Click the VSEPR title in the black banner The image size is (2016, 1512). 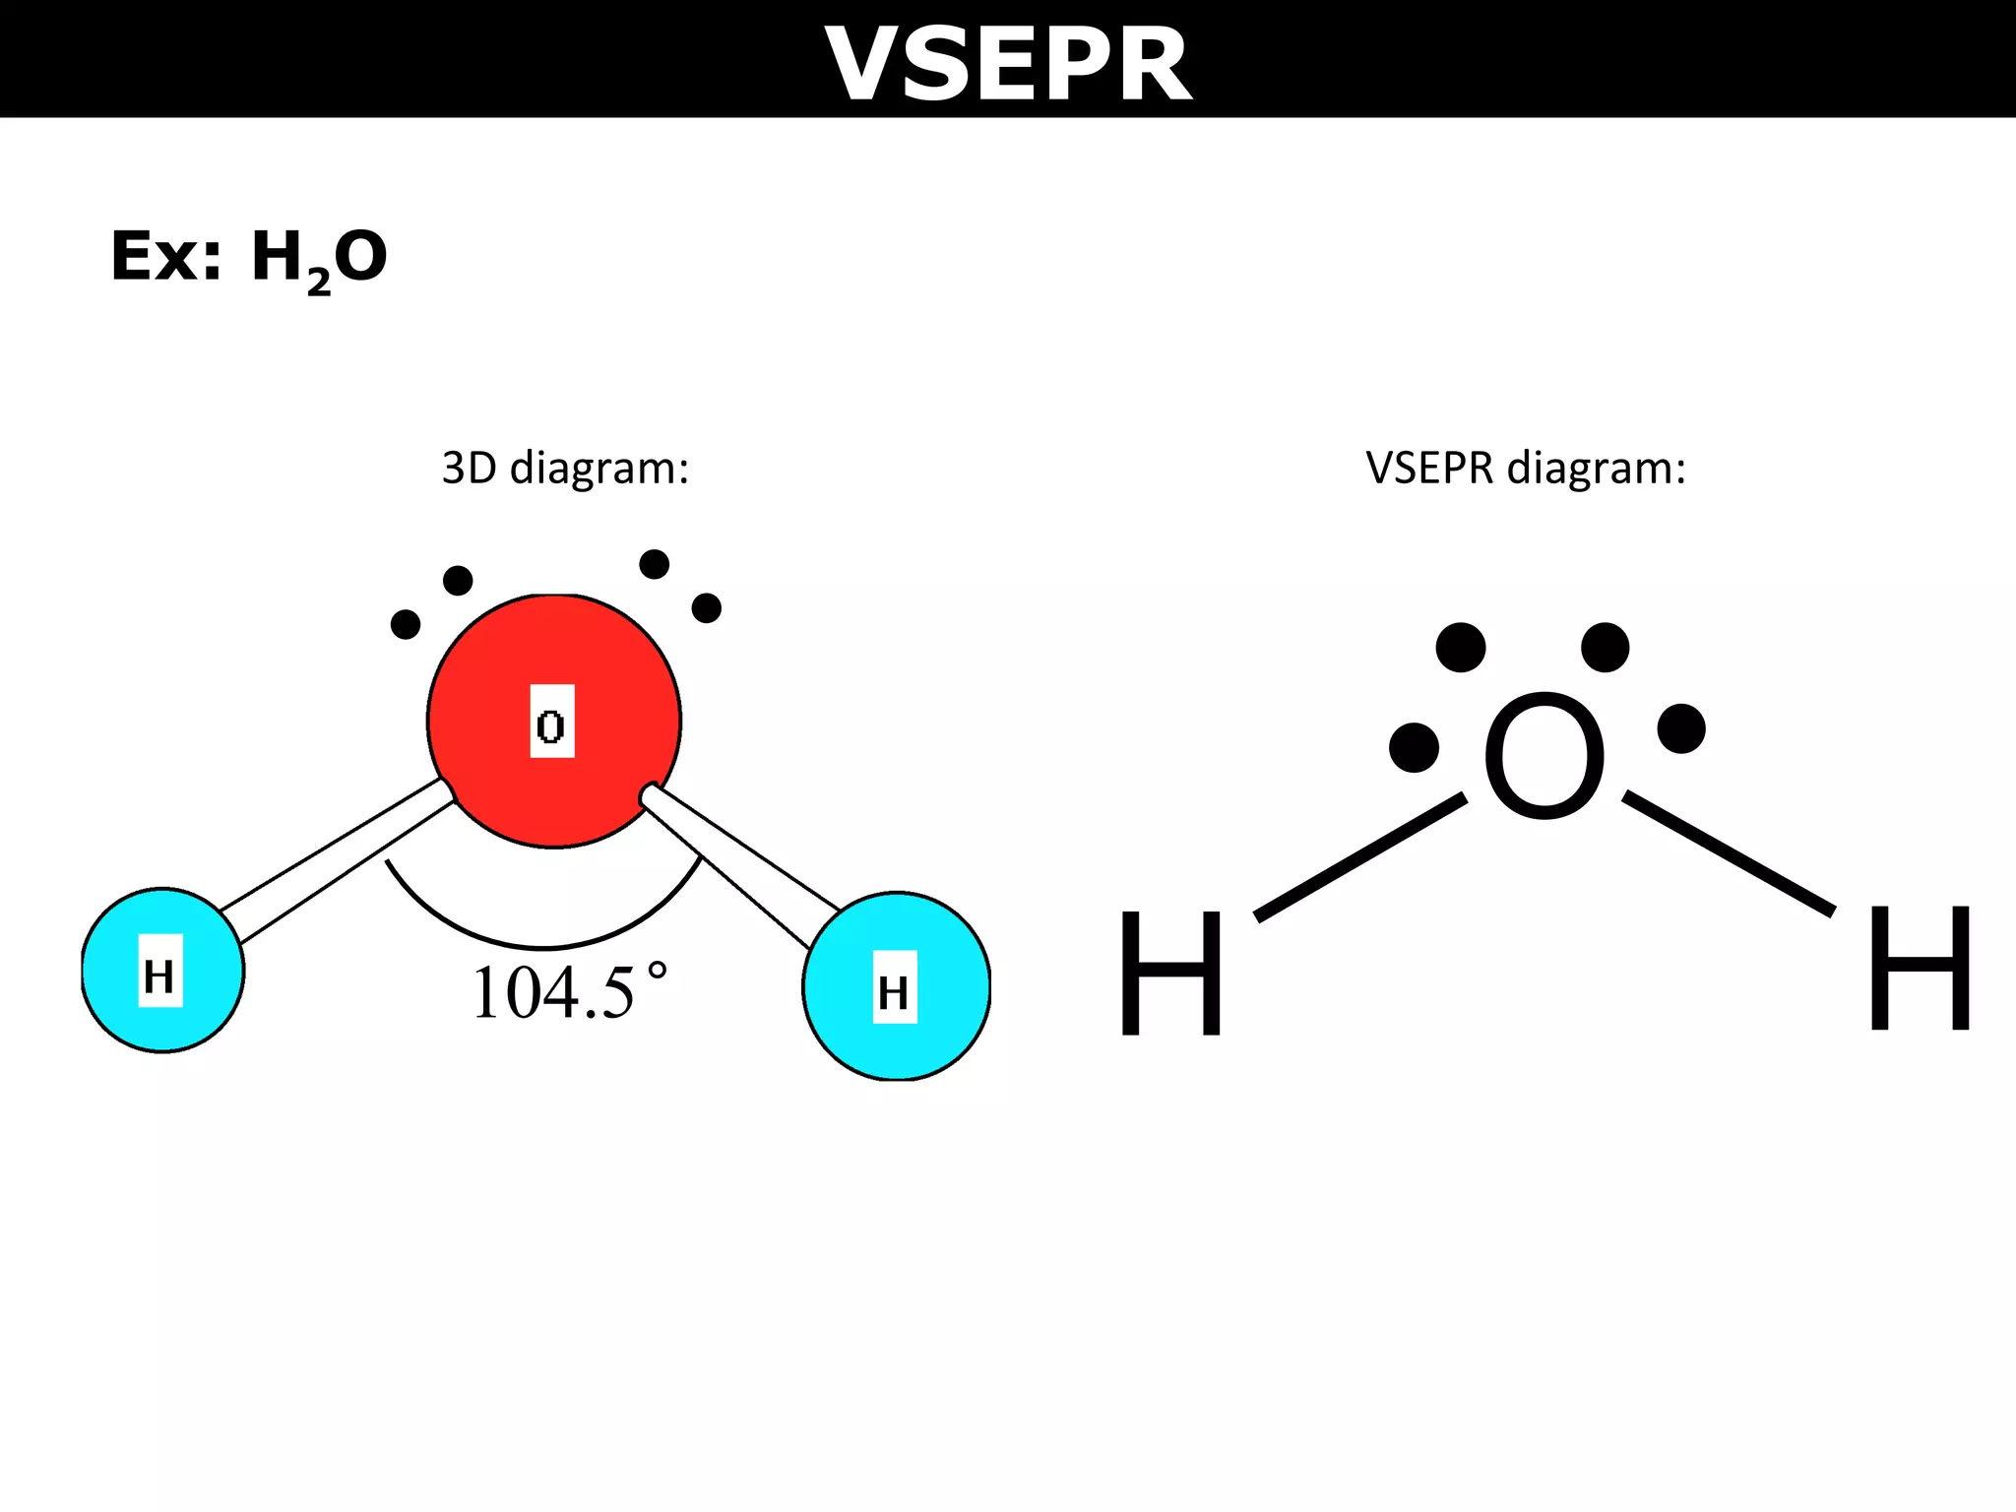[1008, 63]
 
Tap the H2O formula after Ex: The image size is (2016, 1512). [319, 258]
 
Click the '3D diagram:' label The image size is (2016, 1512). [565, 468]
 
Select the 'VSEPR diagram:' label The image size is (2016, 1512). [1526, 468]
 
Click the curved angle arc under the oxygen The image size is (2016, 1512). [544, 946]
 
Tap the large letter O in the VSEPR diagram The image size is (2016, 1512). [1543, 755]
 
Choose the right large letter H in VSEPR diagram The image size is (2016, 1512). [1920, 969]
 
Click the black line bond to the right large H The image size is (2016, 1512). [1729, 853]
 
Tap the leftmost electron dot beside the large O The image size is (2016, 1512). [1414, 747]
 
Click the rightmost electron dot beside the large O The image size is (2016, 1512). [1681, 728]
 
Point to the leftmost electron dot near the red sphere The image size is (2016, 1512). [406, 624]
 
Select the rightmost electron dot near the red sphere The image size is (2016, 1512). [707, 608]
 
